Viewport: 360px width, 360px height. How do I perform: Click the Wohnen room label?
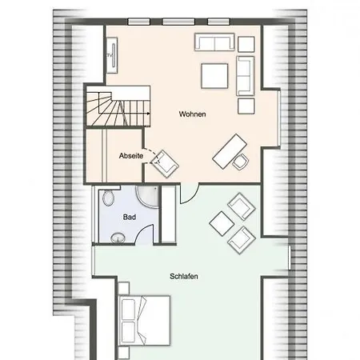point(192,114)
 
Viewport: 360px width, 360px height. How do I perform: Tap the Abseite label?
point(131,156)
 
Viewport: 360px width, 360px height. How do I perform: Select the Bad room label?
point(130,217)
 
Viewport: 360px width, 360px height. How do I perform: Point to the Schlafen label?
point(184,276)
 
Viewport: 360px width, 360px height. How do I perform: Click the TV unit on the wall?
point(112,55)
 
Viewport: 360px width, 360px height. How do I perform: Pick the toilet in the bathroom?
point(109,198)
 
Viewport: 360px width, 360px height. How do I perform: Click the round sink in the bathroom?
point(118,238)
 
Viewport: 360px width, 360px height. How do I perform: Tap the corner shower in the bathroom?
point(147,197)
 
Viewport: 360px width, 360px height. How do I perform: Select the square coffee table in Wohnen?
point(214,76)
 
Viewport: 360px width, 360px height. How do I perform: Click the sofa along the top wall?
point(214,42)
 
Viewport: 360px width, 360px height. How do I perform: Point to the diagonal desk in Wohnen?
point(230,151)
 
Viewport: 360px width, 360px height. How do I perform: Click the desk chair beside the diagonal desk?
point(241,162)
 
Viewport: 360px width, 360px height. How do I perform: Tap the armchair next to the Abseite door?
point(165,164)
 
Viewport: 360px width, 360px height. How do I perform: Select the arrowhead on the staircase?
point(148,114)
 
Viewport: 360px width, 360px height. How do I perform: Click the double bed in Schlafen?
point(144,320)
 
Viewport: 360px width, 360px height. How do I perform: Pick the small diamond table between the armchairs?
point(222,223)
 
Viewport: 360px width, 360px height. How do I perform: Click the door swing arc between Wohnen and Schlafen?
point(194,196)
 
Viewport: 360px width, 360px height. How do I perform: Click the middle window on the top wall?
point(178,22)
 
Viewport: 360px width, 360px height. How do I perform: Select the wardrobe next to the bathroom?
point(169,214)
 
